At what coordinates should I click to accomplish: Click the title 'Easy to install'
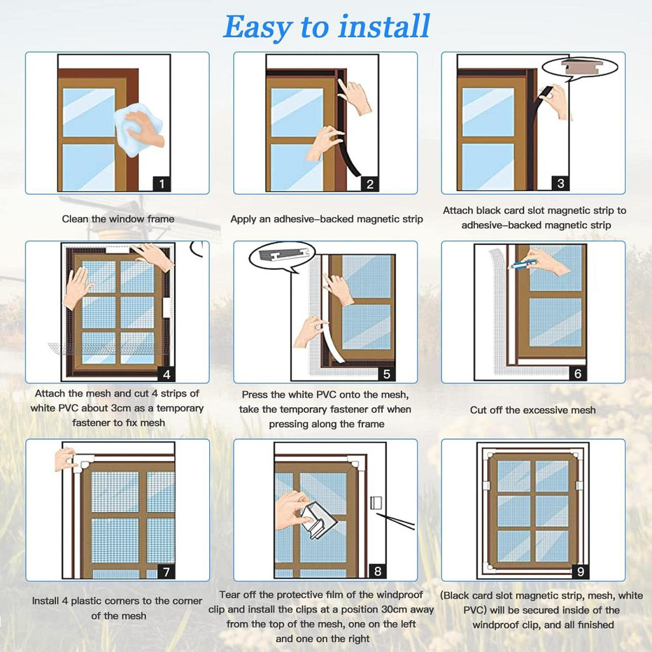pyautogui.click(x=327, y=27)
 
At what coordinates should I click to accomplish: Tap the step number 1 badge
pyautogui.click(x=162, y=183)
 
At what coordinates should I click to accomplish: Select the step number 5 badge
pyautogui.click(x=386, y=374)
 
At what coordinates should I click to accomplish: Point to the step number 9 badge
pyautogui.click(x=580, y=572)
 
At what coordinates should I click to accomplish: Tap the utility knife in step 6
pyautogui.click(x=522, y=263)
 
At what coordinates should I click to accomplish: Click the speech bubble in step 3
pyautogui.click(x=580, y=67)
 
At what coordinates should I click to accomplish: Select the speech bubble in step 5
pyautogui.click(x=282, y=256)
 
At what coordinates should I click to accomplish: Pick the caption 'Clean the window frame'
pyautogui.click(x=118, y=218)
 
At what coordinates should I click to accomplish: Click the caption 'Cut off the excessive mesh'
pyautogui.click(x=533, y=410)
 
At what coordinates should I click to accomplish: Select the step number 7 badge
pyautogui.click(x=166, y=572)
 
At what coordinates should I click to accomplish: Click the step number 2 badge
pyautogui.click(x=370, y=184)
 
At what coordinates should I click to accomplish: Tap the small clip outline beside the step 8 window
pyautogui.click(x=376, y=502)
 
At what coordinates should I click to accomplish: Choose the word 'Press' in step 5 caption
pyautogui.click(x=254, y=394)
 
